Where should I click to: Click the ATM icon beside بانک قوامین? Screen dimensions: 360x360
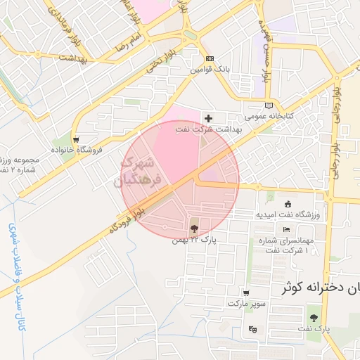(209, 59)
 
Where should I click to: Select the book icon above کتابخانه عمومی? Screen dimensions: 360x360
(268, 105)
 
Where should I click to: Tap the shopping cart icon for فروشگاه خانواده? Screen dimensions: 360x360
(76, 139)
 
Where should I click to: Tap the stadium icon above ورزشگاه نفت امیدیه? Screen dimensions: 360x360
(287, 204)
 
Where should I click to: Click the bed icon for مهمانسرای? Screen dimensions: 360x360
(285, 229)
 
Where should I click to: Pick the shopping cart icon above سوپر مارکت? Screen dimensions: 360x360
(246, 293)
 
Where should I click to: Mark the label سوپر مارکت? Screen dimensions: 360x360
(245, 304)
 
